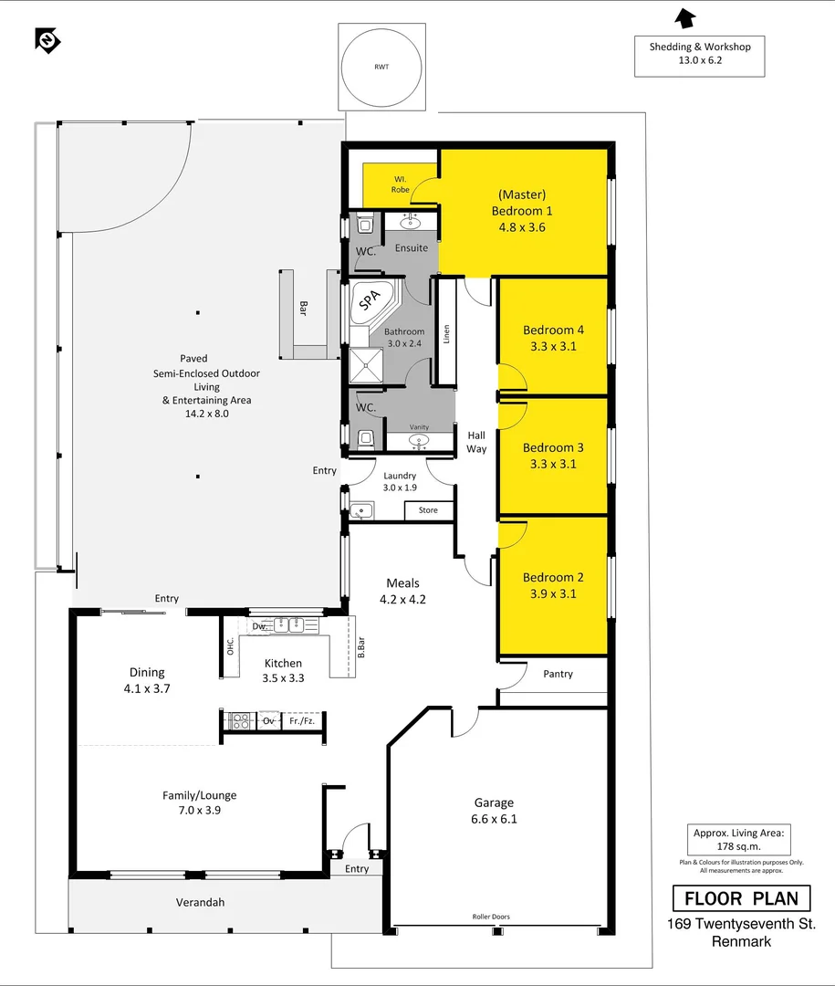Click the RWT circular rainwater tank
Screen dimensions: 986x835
382,68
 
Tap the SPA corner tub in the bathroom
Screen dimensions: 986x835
369,299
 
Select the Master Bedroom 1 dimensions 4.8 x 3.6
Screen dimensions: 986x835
521,227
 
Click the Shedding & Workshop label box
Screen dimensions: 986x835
700,56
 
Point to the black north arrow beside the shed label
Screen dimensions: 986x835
684,17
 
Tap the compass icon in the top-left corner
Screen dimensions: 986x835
47,40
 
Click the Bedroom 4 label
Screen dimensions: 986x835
554,330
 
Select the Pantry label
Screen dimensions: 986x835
558,674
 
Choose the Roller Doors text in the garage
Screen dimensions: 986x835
490,917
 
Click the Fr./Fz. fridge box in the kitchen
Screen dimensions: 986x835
302,720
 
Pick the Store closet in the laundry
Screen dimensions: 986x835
428,510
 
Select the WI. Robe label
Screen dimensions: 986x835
401,184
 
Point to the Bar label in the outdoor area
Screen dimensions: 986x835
302,309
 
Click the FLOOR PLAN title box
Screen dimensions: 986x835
741,898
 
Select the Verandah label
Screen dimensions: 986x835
200,902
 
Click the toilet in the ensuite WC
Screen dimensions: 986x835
365,225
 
